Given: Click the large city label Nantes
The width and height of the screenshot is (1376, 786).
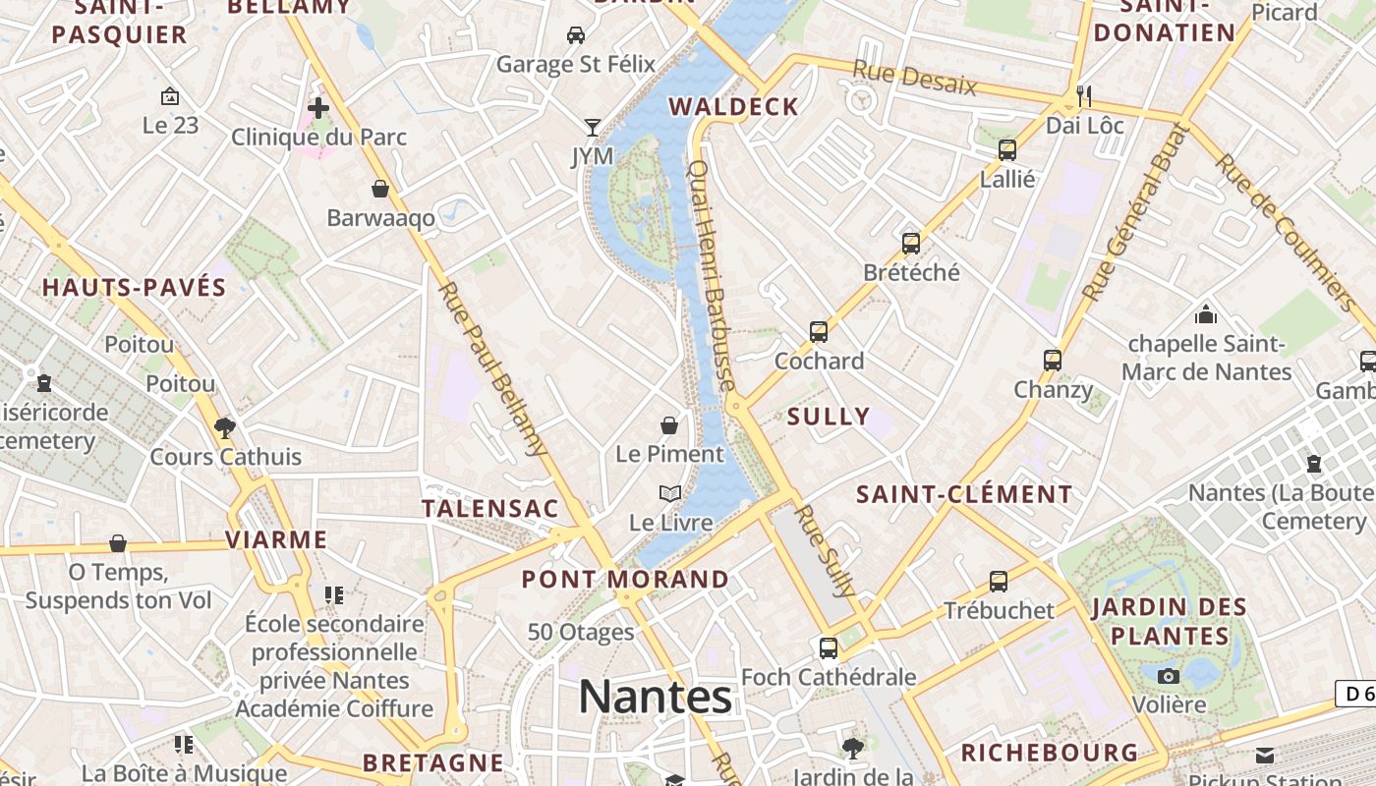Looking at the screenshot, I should [x=655, y=697].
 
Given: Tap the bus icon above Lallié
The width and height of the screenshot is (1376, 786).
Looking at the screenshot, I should [x=1007, y=150].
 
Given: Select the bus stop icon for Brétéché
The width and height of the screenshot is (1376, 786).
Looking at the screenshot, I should [x=911, y=243].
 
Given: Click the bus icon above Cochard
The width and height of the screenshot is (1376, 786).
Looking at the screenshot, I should [x=819, y=332].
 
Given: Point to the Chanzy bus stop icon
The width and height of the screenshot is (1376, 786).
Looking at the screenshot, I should [x=1053, y=360].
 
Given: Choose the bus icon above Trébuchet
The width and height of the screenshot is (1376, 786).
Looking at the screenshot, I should [x=999, y=581].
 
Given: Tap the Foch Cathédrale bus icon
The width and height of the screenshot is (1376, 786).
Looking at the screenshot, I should [x=829, y=647].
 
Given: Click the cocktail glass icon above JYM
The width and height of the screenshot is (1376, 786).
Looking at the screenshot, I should [x=592, y=127].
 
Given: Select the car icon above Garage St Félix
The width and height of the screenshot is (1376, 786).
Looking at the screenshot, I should [x=576, y=35].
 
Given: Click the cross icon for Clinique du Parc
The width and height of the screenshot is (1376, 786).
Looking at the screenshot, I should [x=318, y=107].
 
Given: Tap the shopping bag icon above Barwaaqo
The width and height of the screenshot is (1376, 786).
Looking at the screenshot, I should [x=380, y=189].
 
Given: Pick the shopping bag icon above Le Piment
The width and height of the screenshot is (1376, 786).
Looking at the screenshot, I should [x=669, y=425].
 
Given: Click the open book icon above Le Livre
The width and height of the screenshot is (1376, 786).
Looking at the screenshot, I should [x=670, y=493].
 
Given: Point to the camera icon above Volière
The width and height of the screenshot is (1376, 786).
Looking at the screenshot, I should [x=1169, y=676].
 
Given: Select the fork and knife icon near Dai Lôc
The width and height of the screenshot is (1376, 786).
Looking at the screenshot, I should [x=1085, y=95].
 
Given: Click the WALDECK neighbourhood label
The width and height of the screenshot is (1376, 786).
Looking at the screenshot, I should [x=733, y=107].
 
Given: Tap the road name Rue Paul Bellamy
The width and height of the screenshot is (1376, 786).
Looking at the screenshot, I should [x=492, y=369].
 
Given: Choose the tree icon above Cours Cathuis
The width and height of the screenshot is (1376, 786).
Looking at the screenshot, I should [x=225, y=427].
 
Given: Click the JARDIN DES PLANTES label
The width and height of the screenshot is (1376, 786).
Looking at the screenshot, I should [x=1170, y=621].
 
